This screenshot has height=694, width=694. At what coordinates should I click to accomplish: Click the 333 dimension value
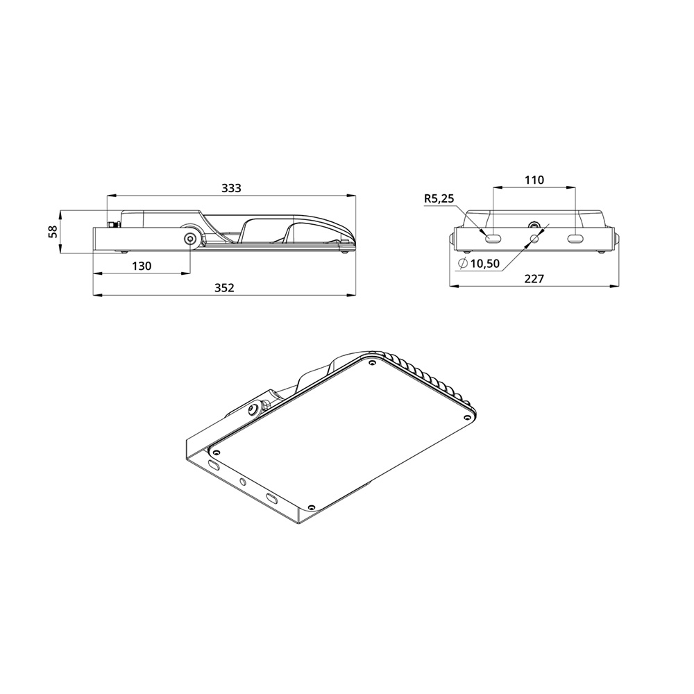pos(231,188)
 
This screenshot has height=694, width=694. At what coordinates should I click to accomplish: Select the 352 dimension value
pos(224,288)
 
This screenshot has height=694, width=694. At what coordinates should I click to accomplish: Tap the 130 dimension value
pos(142,266)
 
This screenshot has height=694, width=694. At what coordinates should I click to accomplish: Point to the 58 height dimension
pos(53,232)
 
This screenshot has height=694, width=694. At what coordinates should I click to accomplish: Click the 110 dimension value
pos(534,180)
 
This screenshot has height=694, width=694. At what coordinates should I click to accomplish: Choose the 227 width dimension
pos(534,279)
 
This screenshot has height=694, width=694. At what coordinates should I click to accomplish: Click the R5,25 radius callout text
pos(439,198)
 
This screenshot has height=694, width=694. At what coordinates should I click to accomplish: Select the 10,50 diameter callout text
pos(485,264)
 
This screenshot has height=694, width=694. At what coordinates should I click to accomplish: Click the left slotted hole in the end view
pos(493,239)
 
